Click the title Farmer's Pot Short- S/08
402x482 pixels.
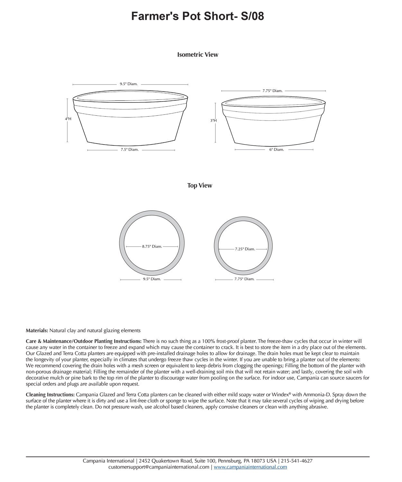[197, 16]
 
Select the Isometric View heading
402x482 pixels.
[197, 55]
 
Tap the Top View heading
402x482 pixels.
[200, 185]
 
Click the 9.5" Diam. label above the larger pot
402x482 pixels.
[129, 84]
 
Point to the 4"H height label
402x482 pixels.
[68, 119]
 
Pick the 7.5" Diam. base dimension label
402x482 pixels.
[130, 149]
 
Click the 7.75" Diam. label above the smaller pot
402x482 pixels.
[272, 91]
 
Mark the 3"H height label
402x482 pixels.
[214, 121]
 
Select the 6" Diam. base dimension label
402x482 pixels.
[277, 149]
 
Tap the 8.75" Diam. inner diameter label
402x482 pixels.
[152, 246]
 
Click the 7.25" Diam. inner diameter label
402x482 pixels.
[245, 249]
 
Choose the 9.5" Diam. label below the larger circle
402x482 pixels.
[152, 279]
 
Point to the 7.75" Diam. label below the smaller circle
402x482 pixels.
[244, 279]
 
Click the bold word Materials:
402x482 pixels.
[37, 330]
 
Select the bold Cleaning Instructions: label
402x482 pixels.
[50, 395]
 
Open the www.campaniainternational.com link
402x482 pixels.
[250, 467]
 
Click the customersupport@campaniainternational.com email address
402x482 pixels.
[159, 467]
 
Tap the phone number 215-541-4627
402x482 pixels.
[297, 461]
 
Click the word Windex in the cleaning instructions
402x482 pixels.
[280, 395]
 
